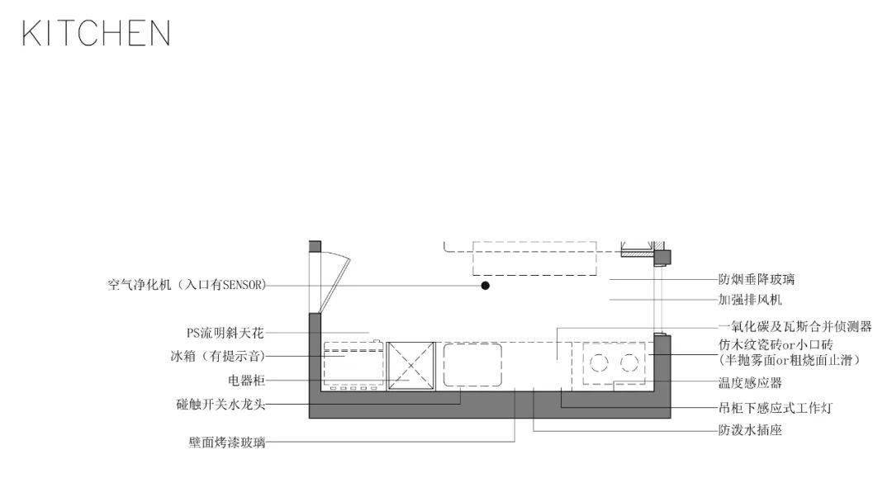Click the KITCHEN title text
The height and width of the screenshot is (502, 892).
point(96,34)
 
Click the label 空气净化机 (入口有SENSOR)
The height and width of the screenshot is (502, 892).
point(186,285)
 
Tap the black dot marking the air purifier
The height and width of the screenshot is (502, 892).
point(486,285)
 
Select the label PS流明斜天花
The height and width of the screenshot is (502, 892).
point(225,334)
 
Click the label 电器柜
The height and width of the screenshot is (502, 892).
point(245,381)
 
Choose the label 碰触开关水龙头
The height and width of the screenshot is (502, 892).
point(221,405)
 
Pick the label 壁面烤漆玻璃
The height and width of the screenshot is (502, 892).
point(226,443)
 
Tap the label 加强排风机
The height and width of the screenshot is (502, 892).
point(750,300)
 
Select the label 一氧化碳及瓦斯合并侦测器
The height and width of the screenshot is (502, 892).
point(795,326)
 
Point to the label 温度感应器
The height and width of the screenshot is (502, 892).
point(750,383)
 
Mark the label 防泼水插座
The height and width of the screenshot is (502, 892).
point(750,430)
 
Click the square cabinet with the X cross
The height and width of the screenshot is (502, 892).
point(411,364)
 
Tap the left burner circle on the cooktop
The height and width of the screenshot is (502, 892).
point(598,362)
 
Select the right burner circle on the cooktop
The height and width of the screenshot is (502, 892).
point(629,362)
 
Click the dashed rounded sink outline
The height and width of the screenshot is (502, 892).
point(472,364)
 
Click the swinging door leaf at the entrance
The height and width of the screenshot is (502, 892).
point(337,281)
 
